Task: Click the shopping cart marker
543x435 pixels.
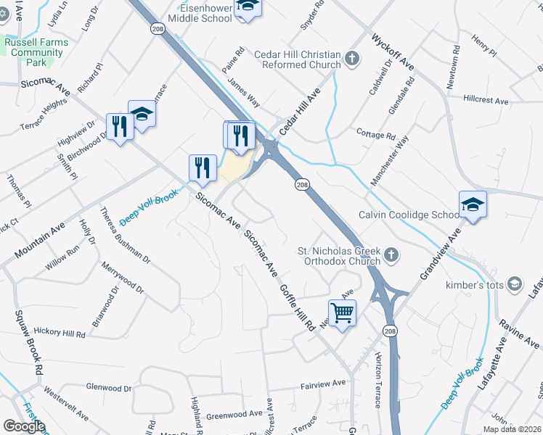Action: pyautogui.click(x=342, y=313)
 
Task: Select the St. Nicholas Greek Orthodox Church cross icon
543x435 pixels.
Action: pyautogui.click(x=391, y=254)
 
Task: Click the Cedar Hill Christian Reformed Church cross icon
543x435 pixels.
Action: pyautogui.click(x=352, y=59)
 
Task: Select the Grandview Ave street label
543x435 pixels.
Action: pyautogui.click(x=440, y=253)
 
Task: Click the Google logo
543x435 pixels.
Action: pyautogui.click(x=24, y=426)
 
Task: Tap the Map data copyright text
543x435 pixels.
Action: pyautogui.click(x=512, y=429)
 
